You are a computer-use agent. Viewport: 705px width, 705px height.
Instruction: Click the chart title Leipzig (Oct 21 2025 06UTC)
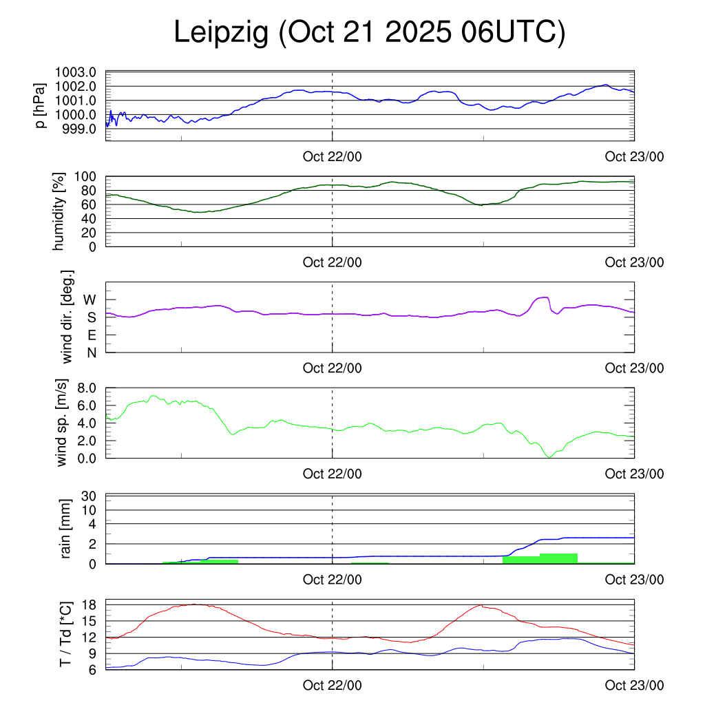(x=369, y=33)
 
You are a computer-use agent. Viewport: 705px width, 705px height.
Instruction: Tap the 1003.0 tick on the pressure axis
(x=81, y=72)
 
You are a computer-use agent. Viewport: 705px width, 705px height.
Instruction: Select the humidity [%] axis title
(x=60, y=211)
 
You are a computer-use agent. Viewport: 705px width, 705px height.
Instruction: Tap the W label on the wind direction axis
(x=90, y=300)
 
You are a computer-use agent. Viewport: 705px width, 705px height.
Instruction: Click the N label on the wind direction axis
(x=91, y=352)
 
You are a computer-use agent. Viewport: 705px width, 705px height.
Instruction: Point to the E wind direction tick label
(x=91, y=335)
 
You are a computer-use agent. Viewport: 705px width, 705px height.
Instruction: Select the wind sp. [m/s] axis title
(x=63, y=422)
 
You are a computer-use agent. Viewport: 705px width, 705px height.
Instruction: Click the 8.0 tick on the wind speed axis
(x=86, y=388)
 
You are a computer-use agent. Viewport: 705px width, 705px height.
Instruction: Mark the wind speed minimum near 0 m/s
(x=549, y=456)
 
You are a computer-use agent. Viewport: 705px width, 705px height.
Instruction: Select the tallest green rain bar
(x=558, y=558)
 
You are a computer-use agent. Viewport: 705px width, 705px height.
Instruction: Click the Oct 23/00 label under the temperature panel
(x=634, y=686)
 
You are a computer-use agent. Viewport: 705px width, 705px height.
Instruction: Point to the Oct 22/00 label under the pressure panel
(x=332, y=156)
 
